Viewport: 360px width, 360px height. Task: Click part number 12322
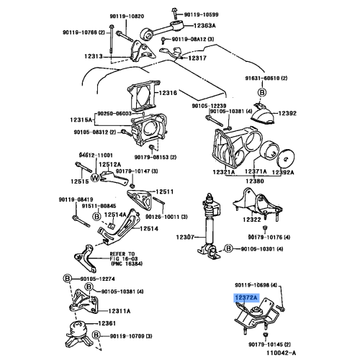[x=251, y=218]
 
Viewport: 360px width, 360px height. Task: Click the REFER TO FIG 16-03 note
[x=126, y=258]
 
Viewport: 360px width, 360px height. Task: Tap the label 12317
[x=197, y=59]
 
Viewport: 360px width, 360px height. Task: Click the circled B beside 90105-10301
[x=228, y=249]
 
